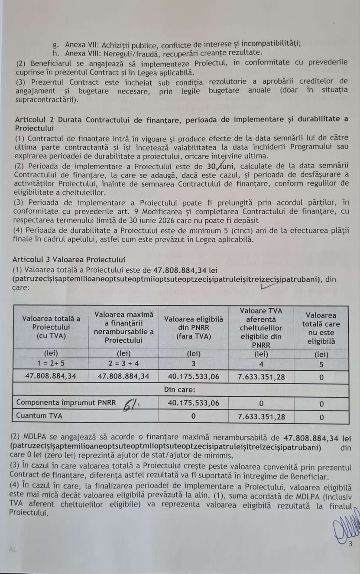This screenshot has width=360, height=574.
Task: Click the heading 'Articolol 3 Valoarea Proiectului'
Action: pos(68,260)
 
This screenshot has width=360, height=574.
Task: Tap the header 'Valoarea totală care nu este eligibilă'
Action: pos(321,328)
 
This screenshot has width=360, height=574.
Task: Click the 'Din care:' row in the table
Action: pos(182,389)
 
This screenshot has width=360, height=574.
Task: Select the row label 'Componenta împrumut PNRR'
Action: pos(65,403)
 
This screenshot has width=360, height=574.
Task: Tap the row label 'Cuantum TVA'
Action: pos(39,416)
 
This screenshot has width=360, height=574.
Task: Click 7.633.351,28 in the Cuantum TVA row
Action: pos(261,416)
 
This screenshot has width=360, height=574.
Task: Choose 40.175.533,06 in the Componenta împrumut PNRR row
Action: pos(193,403)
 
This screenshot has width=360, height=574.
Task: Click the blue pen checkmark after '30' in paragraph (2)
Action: pos(221,166)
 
